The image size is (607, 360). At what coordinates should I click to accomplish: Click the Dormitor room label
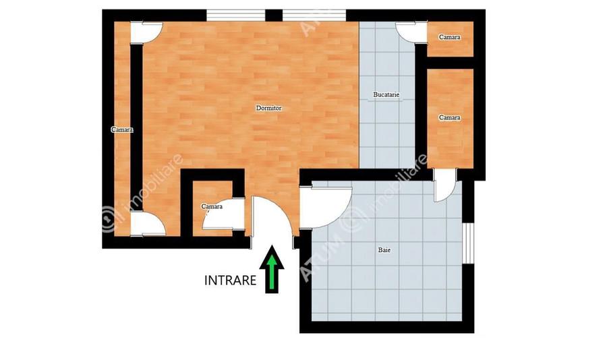pyautogui.click(x=268, y=109)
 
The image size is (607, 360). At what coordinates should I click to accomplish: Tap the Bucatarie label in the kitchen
pyautogui.click(x=386, y=94)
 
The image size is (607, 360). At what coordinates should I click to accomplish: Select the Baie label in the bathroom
pyautogui.click(x=384, y=250)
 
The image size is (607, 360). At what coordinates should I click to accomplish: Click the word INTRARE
pyautogui.click(x=230, y=280)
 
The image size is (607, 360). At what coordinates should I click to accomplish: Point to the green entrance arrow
pyautogui.click(x=272, y=269)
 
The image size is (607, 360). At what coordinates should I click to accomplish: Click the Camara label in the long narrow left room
pyautogui.click(x=122, y=129)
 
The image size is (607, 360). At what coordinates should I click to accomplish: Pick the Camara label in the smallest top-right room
pyautogui.click(x=449, y=37)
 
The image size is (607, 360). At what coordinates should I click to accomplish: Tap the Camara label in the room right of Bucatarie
pyautogui.click(x=449, y=117)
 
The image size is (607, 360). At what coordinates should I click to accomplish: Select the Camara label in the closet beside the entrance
pyautogui.click(x=212, y=206)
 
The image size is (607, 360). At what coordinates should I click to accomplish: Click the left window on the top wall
pyautogui.click(x=235, y=16)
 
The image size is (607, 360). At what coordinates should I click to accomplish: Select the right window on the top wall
pyautogui.click(x=314, y=16)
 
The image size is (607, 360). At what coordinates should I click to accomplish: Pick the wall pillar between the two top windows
pyautogui.click(x=274, y=16)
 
